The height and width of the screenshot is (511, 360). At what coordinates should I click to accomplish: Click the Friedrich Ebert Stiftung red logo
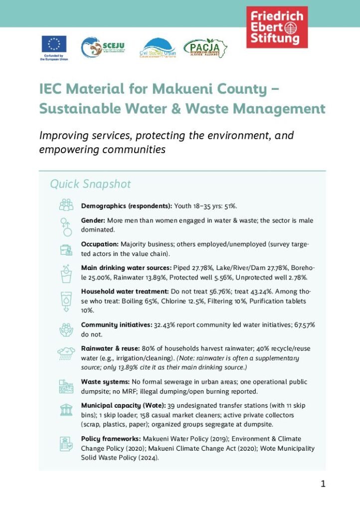pos(277,27)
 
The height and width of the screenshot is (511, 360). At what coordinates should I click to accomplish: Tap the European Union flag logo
pos(54,44)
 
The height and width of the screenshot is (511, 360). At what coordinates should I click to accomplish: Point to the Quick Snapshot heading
pos(90,184)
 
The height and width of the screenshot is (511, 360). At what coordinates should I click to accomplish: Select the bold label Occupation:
pos(100,245)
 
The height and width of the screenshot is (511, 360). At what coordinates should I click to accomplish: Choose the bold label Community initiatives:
pos(116,325)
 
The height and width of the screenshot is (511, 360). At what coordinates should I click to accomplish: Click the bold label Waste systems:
pos(105,382)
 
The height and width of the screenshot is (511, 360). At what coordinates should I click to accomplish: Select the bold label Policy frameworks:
pos(110,439)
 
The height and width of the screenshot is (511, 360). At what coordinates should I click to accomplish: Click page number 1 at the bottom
pos(323,484)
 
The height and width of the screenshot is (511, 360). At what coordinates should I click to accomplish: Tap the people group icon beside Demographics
pos(66,205)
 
